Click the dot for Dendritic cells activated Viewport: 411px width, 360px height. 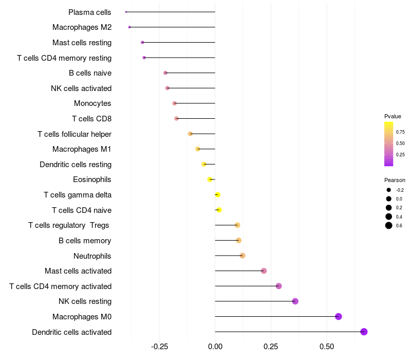tap(364, 332)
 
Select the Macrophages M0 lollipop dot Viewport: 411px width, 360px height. tap(339, 316)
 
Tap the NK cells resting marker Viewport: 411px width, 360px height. tap(295, 301)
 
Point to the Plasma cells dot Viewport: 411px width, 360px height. tap(126, 12)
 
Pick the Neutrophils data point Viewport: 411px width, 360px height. tap(242, 256)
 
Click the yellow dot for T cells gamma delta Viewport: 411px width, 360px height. tap(218, 195)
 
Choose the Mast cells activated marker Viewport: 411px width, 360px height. tap(264, 271)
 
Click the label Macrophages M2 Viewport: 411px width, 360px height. tap(82, 27)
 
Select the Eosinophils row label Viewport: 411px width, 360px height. tap(92, 179)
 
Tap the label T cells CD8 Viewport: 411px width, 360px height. tap(91, 119)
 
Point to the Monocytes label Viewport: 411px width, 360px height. tap(92, 103)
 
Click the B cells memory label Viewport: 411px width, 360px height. tap(85, 241)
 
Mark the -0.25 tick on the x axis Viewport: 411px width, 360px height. tap(159, 347)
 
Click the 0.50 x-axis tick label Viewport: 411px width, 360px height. tap(327, 347)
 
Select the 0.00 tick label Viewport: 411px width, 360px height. tap(215, 347)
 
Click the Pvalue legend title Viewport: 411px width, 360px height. tap(393, 116)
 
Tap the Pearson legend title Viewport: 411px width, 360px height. tap(395, 180)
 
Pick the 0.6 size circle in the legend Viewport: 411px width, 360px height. tap(389, 225)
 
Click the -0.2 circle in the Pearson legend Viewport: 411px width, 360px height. tap(389, 190)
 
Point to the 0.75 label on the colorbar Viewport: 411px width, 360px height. tap(400, 132)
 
